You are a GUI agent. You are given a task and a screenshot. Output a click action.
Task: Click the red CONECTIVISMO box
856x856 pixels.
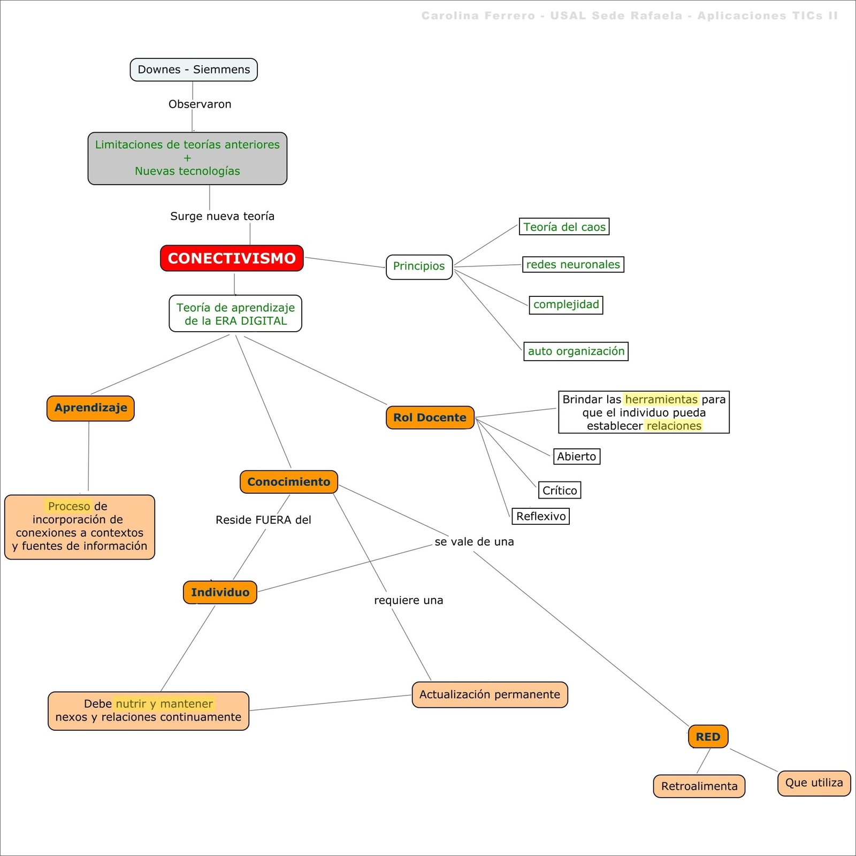[x=232, y=258]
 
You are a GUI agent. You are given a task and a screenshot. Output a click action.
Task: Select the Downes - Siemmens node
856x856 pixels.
[x=194, y=70]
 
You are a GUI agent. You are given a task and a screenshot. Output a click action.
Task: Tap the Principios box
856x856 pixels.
[x=419, y=266]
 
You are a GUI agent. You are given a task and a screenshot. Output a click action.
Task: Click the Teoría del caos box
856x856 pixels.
[x=564, y=227]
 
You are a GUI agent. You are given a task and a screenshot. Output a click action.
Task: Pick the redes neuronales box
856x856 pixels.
[x=572, y=264]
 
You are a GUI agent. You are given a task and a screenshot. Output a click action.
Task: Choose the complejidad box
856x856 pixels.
[x=565, y=304]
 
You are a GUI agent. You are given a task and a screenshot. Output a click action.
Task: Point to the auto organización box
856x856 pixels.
[x=576, y=351]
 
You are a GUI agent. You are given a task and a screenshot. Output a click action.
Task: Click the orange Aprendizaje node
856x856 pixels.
[x=90, y=408]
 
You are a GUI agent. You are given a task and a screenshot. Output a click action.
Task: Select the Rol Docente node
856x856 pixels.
[x=430, y=417]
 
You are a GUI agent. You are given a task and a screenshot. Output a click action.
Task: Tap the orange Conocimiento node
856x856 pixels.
[x=288, y=481]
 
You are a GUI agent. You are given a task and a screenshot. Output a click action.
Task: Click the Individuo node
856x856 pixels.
[x=220, y=592]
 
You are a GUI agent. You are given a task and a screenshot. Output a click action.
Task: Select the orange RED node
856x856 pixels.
[x=708, y=737]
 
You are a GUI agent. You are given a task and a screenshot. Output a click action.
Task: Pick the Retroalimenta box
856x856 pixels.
[x=699, y=786]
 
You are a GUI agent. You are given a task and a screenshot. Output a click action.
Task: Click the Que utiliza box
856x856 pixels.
[x=814, y=783]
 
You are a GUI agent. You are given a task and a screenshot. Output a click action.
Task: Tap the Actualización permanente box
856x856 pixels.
[x=490, y=694]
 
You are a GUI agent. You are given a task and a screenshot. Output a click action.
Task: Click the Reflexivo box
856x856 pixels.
[x=540, y=516]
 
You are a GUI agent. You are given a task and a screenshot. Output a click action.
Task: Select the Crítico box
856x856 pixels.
[x=559, y=490]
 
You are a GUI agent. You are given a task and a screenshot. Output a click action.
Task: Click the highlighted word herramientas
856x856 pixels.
[x=661, y=399]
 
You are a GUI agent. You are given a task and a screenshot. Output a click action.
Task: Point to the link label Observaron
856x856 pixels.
[x=200, y=104]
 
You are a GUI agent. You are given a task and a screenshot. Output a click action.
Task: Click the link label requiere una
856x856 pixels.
[x=408, y=600]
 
